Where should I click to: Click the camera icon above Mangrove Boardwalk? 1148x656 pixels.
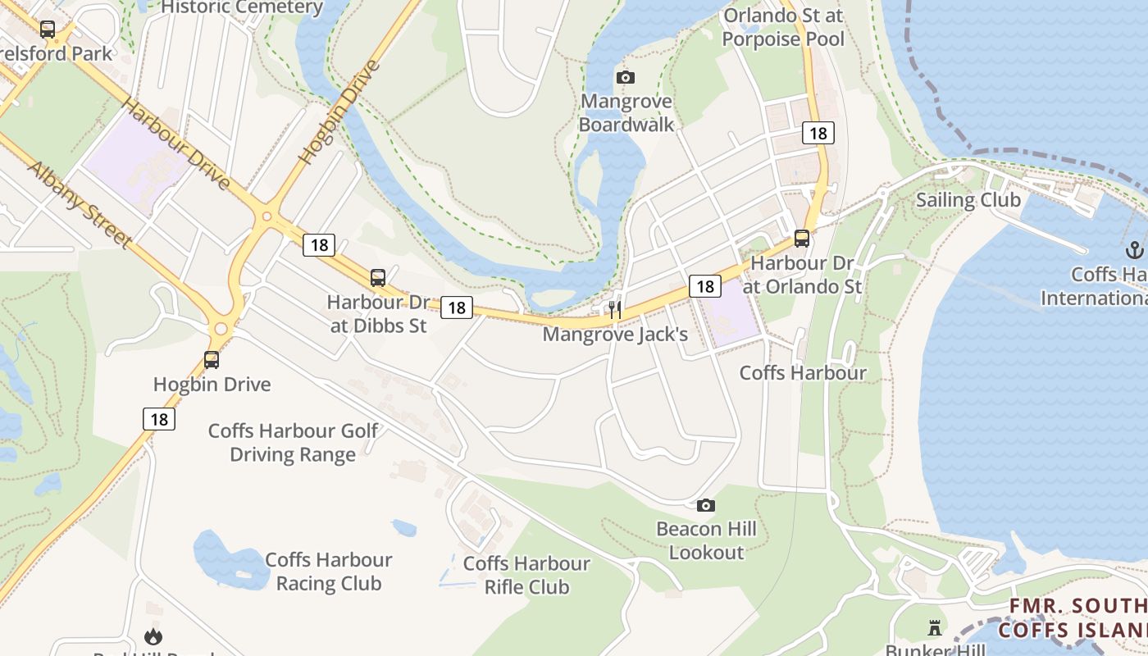(626, 77)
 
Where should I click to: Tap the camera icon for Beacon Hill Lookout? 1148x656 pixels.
(706, 505)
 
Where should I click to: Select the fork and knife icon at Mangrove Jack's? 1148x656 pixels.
(614, 310)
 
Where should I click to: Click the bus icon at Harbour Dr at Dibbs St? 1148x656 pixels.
(378, 278)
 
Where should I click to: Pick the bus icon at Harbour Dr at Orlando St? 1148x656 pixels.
(802, 239)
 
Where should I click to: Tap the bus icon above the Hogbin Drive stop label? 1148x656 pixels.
(212, 359)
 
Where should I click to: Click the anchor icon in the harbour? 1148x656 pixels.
(1136, 249)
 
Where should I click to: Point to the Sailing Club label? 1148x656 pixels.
(968, 200)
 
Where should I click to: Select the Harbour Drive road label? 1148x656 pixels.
(175, 143)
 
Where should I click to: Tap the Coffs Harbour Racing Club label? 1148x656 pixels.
(328, 572)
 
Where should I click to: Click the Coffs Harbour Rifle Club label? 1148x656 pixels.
(526, 575)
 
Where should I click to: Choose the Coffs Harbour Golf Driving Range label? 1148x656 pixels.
(293, 442)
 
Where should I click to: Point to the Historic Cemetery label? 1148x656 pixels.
(242, 8)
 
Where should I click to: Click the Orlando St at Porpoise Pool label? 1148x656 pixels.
(783, 27)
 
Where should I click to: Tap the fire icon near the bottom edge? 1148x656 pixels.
(153, 636)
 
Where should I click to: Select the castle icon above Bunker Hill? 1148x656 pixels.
(934, 628)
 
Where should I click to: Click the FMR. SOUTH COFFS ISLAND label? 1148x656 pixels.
(1074, 617)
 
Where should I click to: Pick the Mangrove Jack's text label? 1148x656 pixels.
(615, 335)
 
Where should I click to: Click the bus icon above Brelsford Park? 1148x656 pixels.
(48, 30)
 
